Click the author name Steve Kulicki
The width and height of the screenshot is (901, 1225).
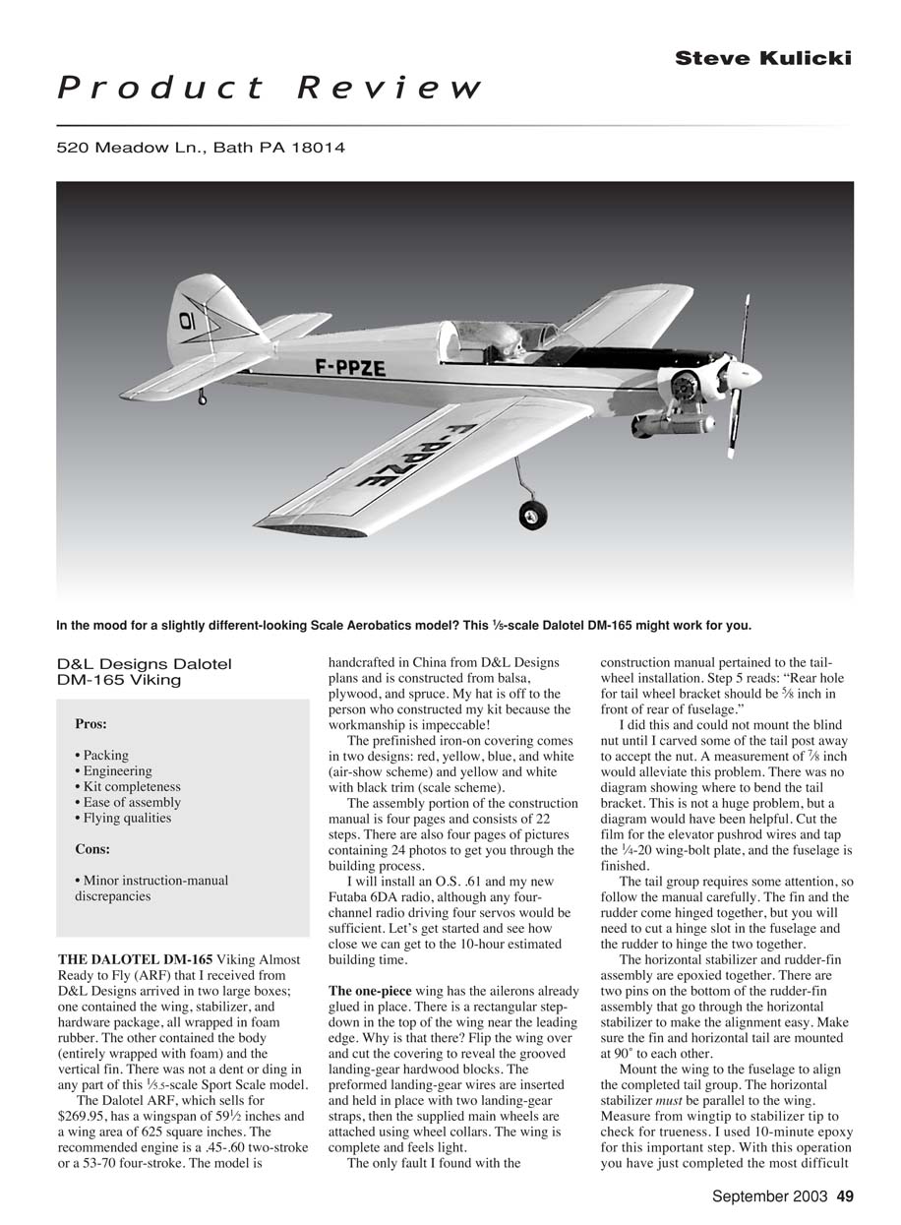pyautogui.click(x=762, y=59)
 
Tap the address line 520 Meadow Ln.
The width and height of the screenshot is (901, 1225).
pyautogui.click(x=201, y=149)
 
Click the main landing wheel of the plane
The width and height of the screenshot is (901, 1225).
pyautogui.click(x=533, y=514)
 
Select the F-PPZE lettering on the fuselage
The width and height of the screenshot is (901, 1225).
pyautogui.click(x=350, y=368)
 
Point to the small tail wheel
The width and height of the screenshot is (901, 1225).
pyautogui.click(x=202, y=398)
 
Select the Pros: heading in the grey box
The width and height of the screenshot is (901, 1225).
pyautogui.click(x=90, y=723)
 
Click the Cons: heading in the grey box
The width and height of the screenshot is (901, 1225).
pyautogui.click(x=92, y=849)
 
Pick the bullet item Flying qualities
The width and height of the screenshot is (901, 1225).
pyautogui.click(x=122, y=818)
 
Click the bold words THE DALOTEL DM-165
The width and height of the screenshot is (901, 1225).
pyautogui.click(x=134, y=959)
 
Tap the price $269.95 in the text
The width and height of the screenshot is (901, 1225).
pyautogui.click(x=85, y=1116)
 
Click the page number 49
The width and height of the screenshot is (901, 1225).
pyautogui.click(x=844, y=1196)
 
